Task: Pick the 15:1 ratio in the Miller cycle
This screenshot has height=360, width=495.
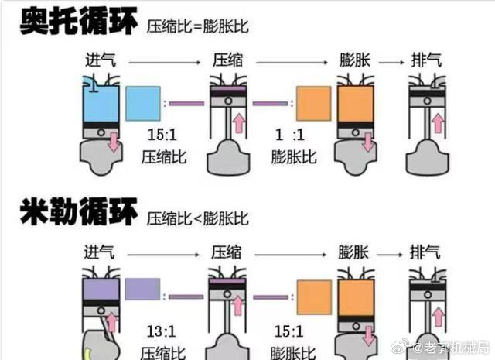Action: click(287, 331)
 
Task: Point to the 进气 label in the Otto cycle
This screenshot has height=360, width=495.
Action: click(101, 59)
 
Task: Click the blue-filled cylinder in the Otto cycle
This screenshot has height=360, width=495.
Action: click(101, 105)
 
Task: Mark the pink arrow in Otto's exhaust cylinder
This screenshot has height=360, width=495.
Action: click(439, 122)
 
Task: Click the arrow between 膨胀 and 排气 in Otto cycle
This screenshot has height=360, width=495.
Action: click(392, 60)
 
